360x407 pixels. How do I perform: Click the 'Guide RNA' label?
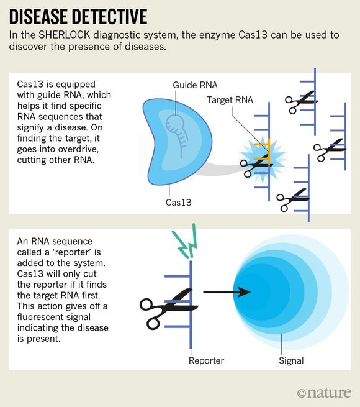click(195, 85)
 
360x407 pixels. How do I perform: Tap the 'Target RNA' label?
click(230, 100)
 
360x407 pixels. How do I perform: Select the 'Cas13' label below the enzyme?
click(178, 203)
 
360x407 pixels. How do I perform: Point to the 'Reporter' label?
click(206, 360)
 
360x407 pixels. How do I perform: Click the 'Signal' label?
click(291, 361)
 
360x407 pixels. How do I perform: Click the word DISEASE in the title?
click(38, 16)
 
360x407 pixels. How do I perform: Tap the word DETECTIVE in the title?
click(109, 16)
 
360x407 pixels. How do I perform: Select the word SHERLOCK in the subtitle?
click(64, 35)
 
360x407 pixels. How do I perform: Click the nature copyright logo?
click(324, 393)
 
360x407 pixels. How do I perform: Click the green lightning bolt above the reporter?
click(186, 241)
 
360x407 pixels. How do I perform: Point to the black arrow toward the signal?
click(227, 292)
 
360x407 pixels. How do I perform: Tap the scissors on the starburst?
click(256, 165)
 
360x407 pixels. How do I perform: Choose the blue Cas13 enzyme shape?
click(177, 142)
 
